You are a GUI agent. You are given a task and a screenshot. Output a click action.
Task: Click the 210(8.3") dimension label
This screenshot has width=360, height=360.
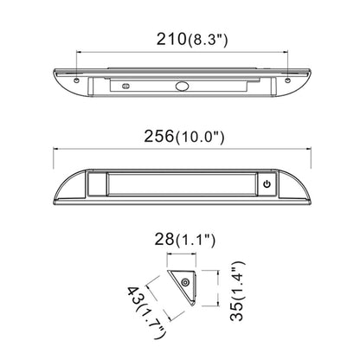coord(192,40)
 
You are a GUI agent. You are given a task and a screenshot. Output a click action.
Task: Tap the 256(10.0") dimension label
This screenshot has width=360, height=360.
coord(184,137)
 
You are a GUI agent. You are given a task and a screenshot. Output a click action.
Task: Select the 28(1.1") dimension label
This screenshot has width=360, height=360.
coord(185,240)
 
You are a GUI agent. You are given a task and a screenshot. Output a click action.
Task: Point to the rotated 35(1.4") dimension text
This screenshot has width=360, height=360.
coord(238,291)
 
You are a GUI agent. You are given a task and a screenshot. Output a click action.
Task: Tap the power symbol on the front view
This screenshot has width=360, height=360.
coord(267,183)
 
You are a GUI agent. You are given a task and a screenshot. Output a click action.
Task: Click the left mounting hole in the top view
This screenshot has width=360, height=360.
coord(76,80)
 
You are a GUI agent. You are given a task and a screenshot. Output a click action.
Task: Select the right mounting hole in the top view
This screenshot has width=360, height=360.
coord(287,80)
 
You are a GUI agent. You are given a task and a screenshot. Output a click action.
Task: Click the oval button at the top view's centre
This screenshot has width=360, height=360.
coord(182,86)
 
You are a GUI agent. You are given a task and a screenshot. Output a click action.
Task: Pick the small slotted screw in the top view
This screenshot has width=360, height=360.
coord(126,86)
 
